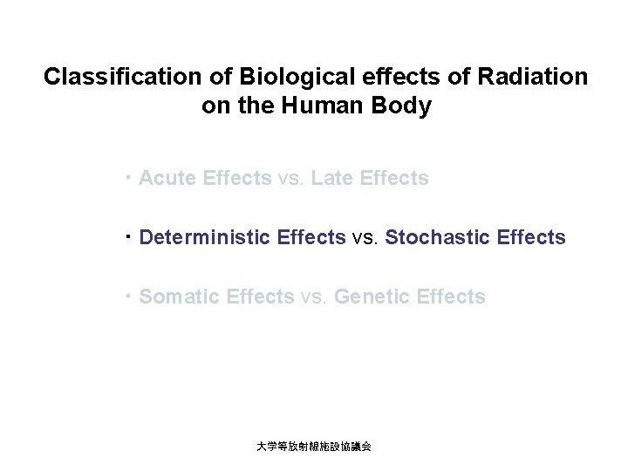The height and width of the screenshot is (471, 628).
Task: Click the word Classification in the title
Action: pyautogui.click(x=124, y=77)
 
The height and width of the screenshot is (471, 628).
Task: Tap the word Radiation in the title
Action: pyautogui.click(x=533, y=77)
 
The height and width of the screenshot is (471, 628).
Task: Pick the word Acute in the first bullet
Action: pyautogui.click(x=167, y=178)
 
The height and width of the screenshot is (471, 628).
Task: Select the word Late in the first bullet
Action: pyautogui.click(x=332, y=178)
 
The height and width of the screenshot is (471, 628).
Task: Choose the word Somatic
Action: pyautogui.click(x=180, y=297)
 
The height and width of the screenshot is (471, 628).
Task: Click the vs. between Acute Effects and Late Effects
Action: pyautogui.click(x=291, y=179)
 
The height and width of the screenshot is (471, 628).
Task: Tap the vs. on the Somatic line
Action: pyautogui.click(x=314, y=297)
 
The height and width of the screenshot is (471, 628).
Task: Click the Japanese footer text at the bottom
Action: pyautogui.click(x=314, y=446)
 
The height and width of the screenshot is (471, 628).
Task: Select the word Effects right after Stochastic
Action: pyautogui.click(x=531, y=237)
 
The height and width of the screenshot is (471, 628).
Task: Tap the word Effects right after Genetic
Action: pyautogui.click(x=451, y=297)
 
